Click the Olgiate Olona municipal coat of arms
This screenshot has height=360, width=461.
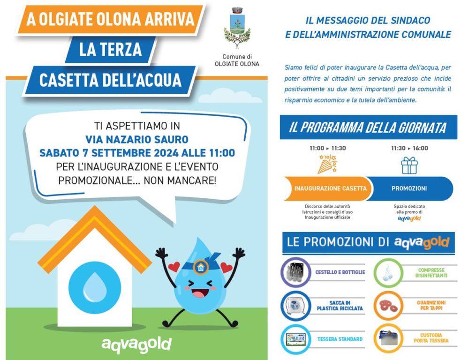(237, 29)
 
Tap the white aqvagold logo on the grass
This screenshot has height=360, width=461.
(136, 344)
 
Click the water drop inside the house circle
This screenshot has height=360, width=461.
(94, 286)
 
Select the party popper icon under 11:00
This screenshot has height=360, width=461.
(327, 165)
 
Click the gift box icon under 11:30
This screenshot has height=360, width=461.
(409, 165)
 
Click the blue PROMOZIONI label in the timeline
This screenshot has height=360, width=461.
(409, 188)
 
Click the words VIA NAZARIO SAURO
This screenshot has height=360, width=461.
(136, 139)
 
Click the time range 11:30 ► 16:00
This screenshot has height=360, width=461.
(409, 148)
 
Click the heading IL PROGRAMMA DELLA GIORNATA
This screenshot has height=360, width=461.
(368, 127)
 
